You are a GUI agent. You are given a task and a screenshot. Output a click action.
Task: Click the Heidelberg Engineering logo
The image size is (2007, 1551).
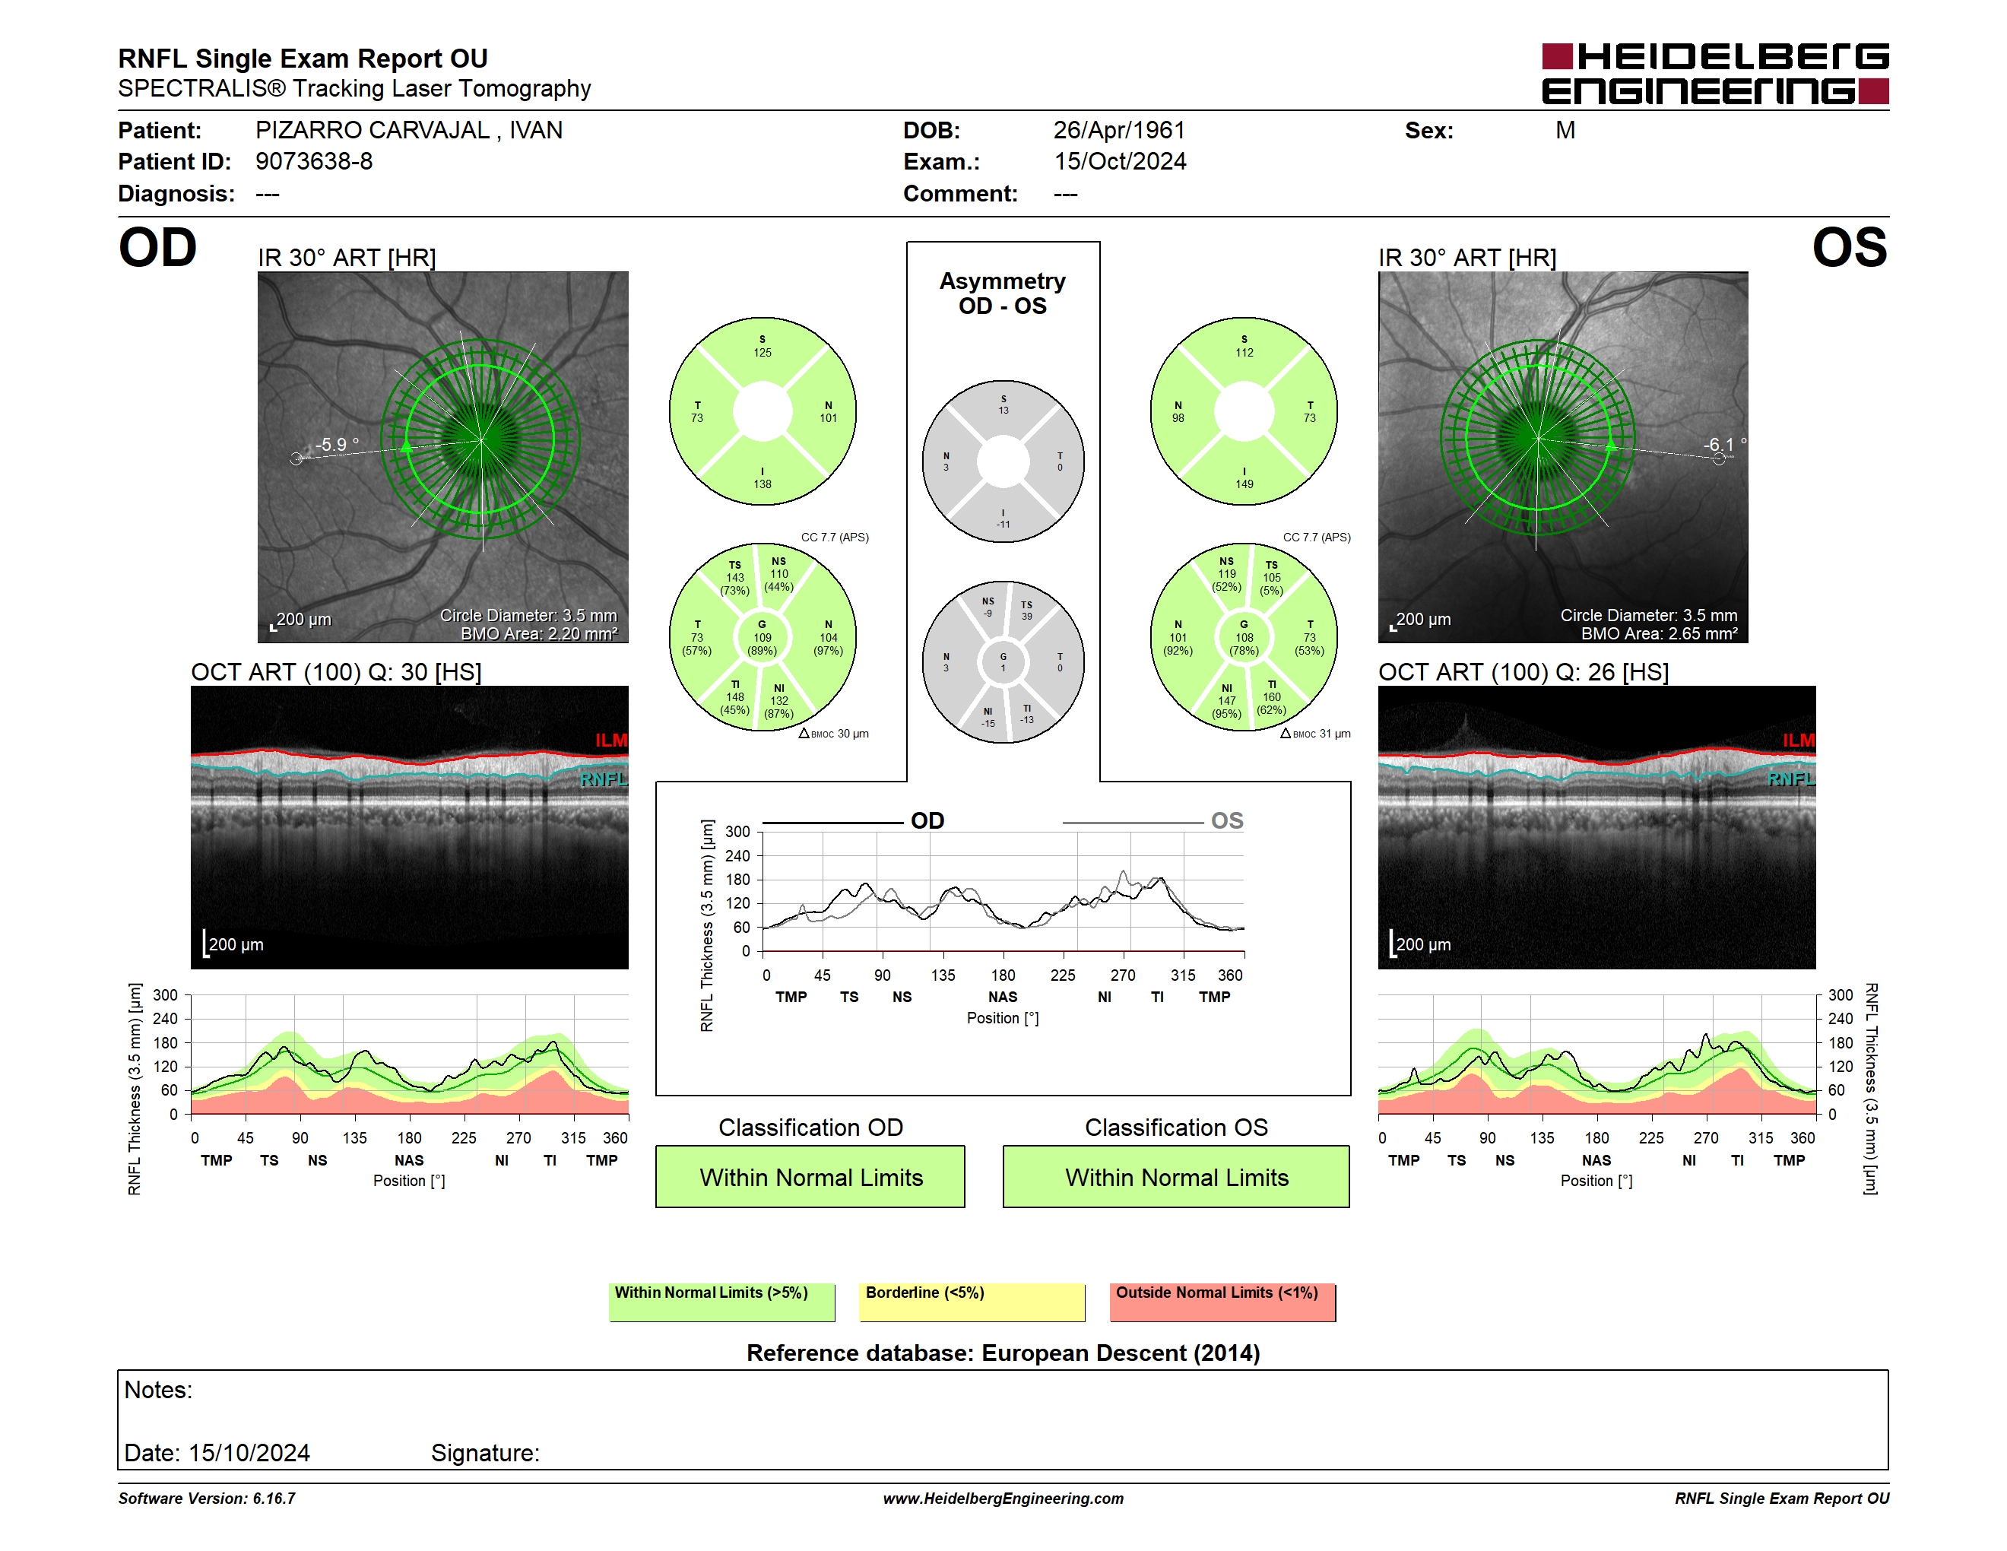[1715, 74]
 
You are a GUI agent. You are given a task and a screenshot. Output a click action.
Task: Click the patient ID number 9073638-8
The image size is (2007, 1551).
[314, 162]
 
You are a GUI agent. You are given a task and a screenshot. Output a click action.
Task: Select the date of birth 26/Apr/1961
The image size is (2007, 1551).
[1119, 131]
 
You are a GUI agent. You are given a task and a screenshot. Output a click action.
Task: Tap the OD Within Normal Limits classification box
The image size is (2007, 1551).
[810, 1176]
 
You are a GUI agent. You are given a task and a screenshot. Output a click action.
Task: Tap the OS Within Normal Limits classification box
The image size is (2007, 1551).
[1176, 1176]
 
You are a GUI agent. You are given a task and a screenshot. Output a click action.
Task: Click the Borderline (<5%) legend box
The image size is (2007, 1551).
[972, 1302]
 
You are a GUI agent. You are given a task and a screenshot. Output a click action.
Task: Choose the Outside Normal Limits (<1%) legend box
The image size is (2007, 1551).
[1222, 1302]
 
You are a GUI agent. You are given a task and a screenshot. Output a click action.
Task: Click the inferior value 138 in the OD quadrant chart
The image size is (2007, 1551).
[763, 484]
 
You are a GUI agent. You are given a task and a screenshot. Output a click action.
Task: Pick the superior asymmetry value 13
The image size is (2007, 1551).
[1003, 411]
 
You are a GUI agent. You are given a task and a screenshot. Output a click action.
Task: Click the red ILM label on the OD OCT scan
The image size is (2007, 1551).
[611, 741]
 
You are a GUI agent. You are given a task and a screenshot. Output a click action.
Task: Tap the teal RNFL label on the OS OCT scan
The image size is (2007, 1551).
[1791, 779]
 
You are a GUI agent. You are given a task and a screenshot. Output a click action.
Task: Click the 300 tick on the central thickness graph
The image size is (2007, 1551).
[738, 832]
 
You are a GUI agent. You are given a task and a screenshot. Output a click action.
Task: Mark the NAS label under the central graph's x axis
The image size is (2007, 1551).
[1003, 997]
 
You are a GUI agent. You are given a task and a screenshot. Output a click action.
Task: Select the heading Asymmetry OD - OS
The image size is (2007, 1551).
[1003, 293]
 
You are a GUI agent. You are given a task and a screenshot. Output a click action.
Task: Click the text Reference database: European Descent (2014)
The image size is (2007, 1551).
[1003, 1353]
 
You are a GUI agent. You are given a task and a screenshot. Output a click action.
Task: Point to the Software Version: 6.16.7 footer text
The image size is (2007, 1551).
[207, 1499]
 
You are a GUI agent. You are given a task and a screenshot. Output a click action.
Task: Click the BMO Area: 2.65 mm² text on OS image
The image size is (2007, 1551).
[1659, 634]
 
